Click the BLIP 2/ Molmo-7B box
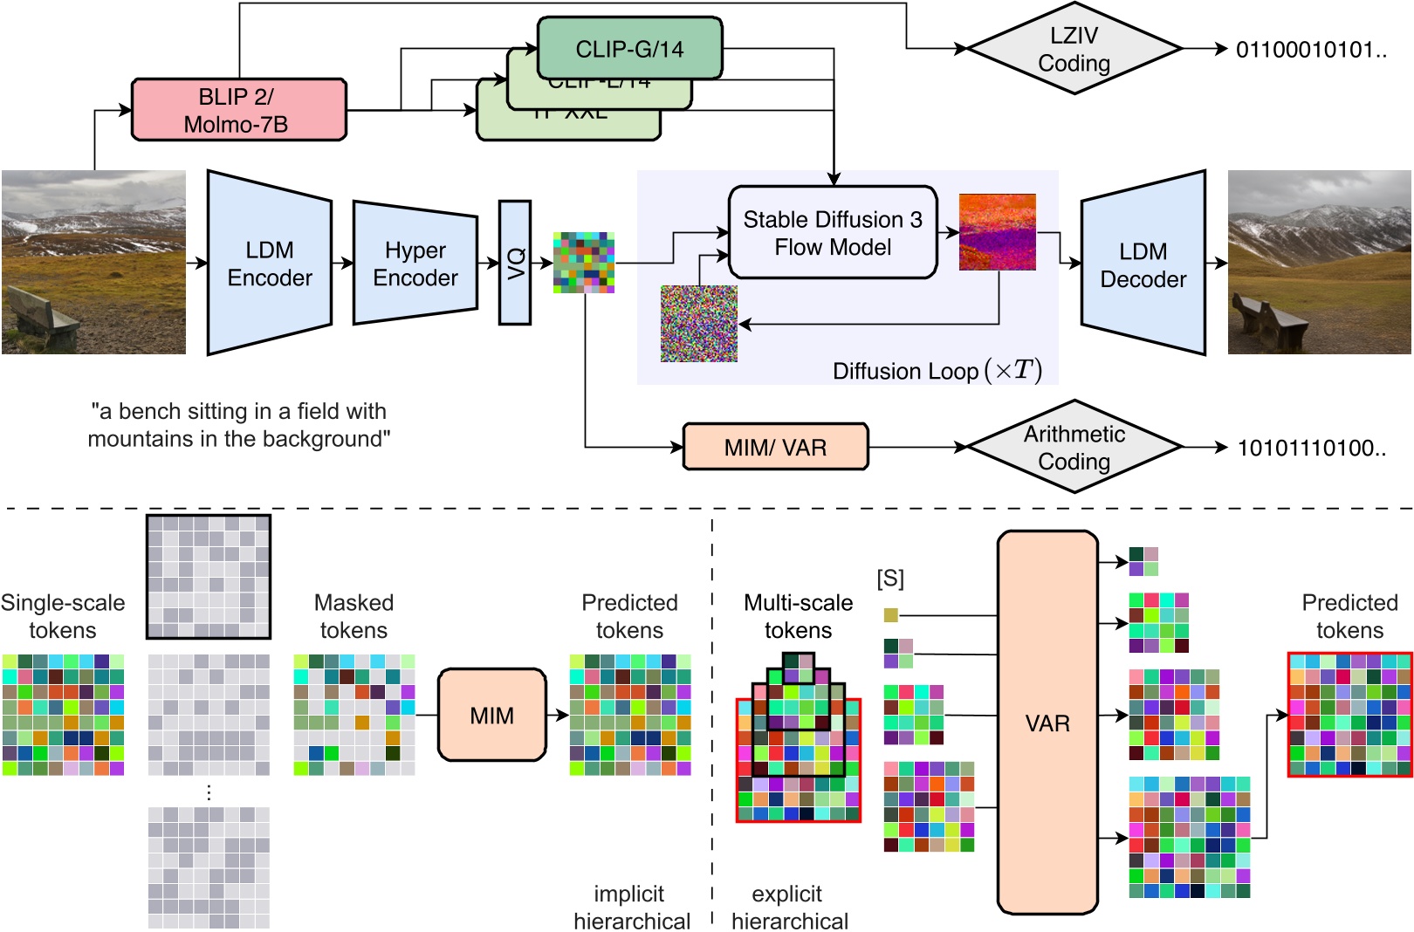click(x=238, y=110)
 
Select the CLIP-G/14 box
click(x=629, y=49)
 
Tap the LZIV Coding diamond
click(x=1074, y=49)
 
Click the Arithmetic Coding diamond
click(x=1074, y=447)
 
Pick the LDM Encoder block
click(x=269, y=264)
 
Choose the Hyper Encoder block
click(x=415, y=264)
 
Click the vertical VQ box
click(x=515, y=263)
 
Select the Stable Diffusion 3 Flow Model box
click(x=833, y=233)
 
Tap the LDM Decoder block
click(x=1143, y=264)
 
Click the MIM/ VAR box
click(x=775, y=448)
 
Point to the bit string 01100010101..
click(x=1310, y=50)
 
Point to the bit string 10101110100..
click(x=1310, y=449)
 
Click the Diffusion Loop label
click(x=937, y=371)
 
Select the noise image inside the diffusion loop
click(x=698, y=324)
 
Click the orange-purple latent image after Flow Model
click(x=997, y=232)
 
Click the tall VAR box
click(x=1047, y=723)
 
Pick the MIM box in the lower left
click(x=491, y=716)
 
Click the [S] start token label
click(x=890, y=578)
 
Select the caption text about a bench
click(x=238, y=425)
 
